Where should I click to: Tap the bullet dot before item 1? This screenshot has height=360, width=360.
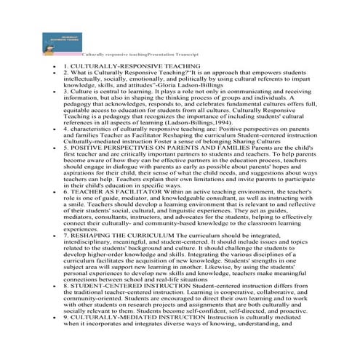[x=54, y=65]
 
